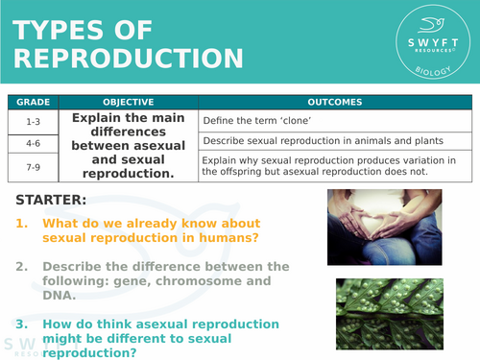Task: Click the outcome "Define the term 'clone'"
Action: click(260, 121)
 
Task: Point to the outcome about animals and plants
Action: click(311, 141)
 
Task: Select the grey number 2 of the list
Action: click(21, 266)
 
